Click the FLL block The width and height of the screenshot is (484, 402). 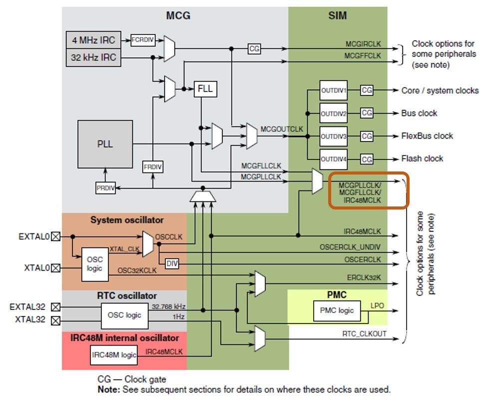[205, 88]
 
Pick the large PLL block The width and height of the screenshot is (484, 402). [105, 144]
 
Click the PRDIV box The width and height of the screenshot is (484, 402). [105, 188]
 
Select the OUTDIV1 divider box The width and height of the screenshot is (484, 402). [333, 90]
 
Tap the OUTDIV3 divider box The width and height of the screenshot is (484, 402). [333, 136]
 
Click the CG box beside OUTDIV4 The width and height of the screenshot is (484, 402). [367, 159]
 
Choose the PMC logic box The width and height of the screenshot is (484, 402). [339, 310]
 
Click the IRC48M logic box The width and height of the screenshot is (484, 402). [113, 355]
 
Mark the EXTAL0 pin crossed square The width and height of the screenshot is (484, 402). [56, 236]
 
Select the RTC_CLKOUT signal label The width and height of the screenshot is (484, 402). [364, 333]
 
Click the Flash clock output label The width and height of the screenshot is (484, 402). [422, 158]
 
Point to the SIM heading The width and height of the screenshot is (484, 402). [338, 16]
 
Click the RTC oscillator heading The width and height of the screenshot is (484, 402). [127, 295]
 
